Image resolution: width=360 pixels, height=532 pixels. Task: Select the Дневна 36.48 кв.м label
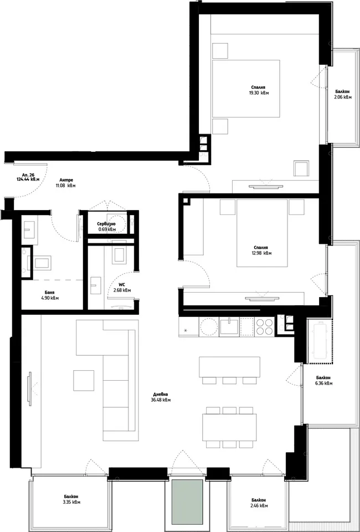pos(161,397)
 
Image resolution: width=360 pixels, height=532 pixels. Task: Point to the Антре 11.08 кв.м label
pos(66,182)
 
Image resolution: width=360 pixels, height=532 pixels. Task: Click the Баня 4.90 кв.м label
pos(50,295)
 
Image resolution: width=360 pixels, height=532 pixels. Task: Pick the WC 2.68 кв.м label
pos(122,288)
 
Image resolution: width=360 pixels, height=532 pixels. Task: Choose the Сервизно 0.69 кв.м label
pos(107,227)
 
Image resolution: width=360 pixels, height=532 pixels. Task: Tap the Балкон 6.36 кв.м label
pos(323,380)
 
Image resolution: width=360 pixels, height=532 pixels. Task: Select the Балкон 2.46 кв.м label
pos(259,503)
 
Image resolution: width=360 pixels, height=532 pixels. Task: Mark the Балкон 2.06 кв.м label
pos(342,94)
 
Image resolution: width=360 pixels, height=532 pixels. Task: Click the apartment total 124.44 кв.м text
pos(28,179)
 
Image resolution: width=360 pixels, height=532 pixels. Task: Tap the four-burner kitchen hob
pos(264,327)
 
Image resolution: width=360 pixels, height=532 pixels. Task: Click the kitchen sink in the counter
pos(229,326)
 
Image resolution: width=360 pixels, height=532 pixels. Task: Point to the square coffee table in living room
pos(84,380)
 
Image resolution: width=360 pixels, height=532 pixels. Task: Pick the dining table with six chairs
pos(229,427)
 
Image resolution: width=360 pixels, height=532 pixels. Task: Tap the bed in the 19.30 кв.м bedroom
pos(246,89)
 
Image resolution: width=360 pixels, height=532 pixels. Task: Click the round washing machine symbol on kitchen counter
pos(209,327)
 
